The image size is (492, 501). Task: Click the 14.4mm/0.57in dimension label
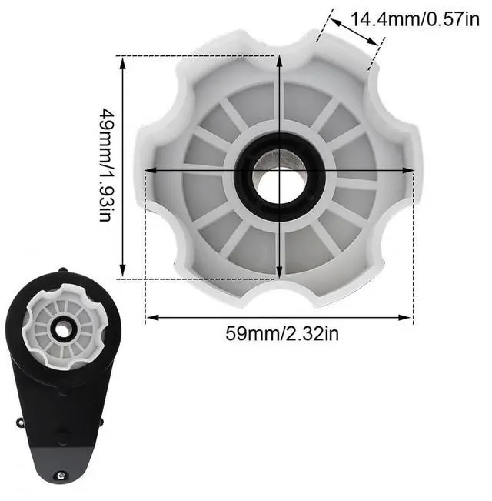pos(415,19)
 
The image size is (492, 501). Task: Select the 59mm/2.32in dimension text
pos(282,333)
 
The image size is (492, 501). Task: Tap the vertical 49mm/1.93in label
pos(107,165)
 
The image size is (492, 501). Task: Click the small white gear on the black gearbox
pos(64,327)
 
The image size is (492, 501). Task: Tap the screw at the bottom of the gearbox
pos(61,476)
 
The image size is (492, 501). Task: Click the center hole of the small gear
pos(63,331)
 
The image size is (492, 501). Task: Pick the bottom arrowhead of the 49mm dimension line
pos(123,269)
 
